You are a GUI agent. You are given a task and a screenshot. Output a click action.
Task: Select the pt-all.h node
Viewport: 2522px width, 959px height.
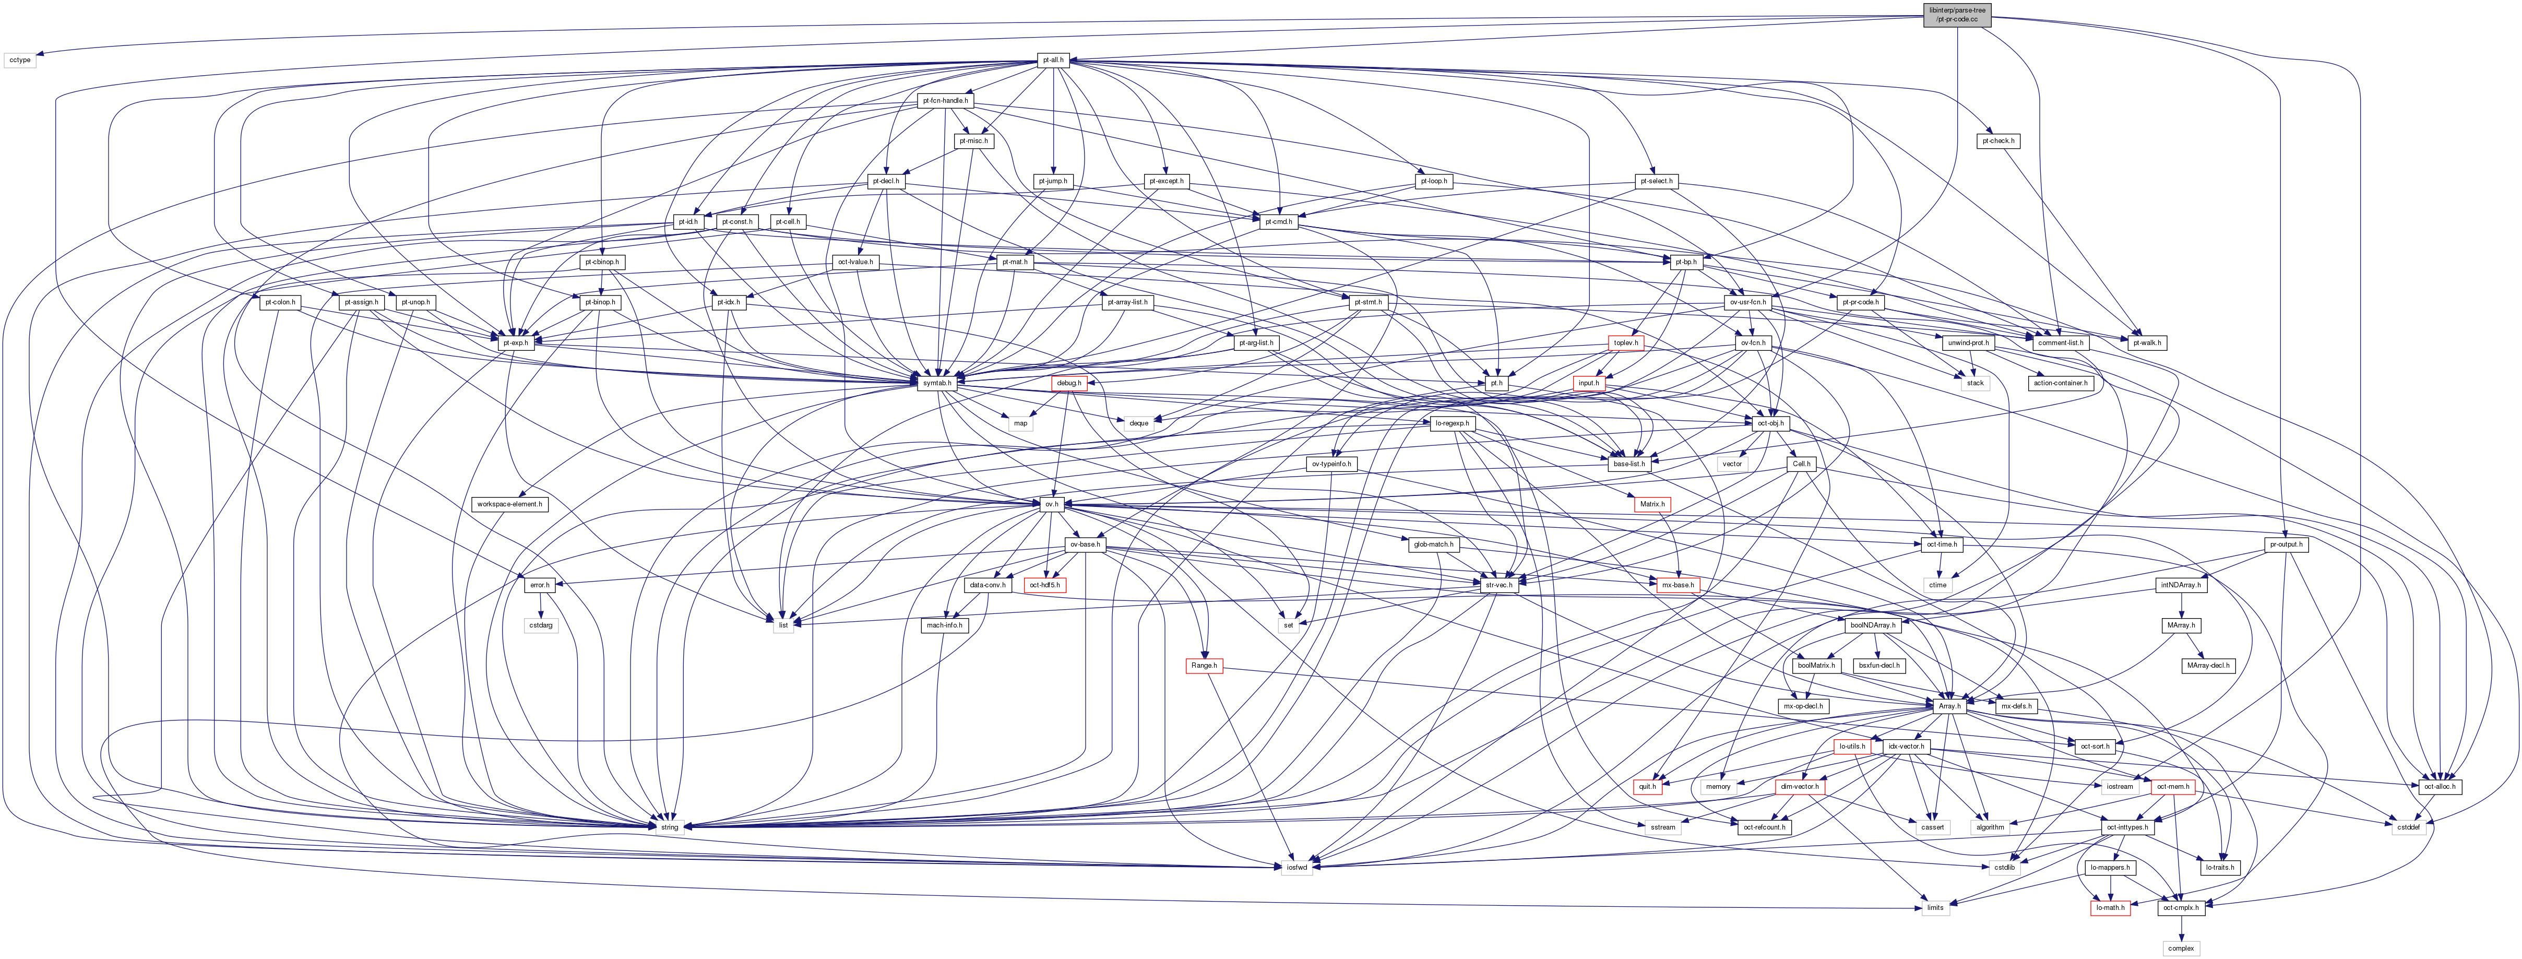point(1052,60)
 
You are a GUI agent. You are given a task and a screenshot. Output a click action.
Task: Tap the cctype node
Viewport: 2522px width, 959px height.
point(20,60)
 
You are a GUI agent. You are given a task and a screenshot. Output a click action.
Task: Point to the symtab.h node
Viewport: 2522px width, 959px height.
point(937,383)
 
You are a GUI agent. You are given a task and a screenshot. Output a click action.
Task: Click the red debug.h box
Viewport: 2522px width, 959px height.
point(1067,383)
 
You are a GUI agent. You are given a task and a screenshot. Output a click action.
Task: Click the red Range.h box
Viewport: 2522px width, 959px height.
point(1203,665)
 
